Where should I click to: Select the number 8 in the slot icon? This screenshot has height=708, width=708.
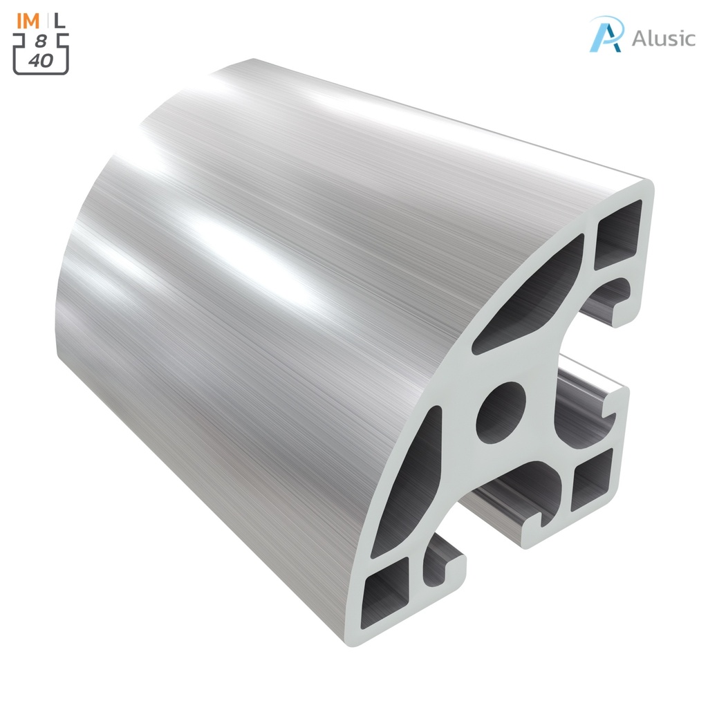point(41,41)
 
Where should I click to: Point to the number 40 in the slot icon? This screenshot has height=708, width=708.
point(41,60)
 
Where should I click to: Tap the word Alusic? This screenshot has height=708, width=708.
point(663,37)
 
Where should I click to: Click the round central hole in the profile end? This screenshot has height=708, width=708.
point(501,413)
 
